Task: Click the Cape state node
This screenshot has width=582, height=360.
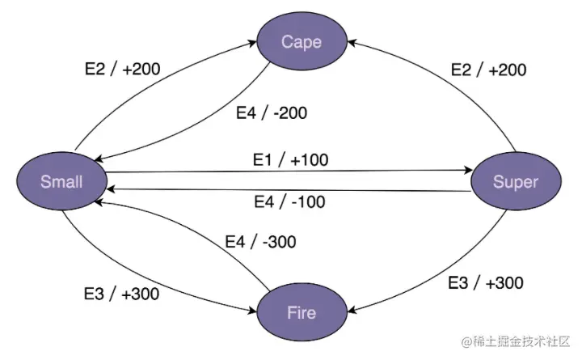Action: tap(302, 41)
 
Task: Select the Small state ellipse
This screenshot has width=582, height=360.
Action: tap(61, 180)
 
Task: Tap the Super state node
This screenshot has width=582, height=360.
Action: tap(514, 181)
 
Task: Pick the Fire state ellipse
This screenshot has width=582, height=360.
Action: tap(301, 311)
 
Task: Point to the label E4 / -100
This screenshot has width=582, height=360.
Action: tap(289, 201)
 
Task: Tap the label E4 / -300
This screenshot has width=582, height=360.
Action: tap(260, 241)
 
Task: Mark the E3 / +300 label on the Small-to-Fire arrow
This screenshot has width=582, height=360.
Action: tap(121, 293)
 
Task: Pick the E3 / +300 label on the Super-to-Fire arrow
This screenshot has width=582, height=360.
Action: tap(486, 283)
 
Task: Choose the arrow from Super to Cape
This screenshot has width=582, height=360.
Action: tap(453, 81)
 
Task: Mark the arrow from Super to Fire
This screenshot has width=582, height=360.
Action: tap(453, 279)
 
